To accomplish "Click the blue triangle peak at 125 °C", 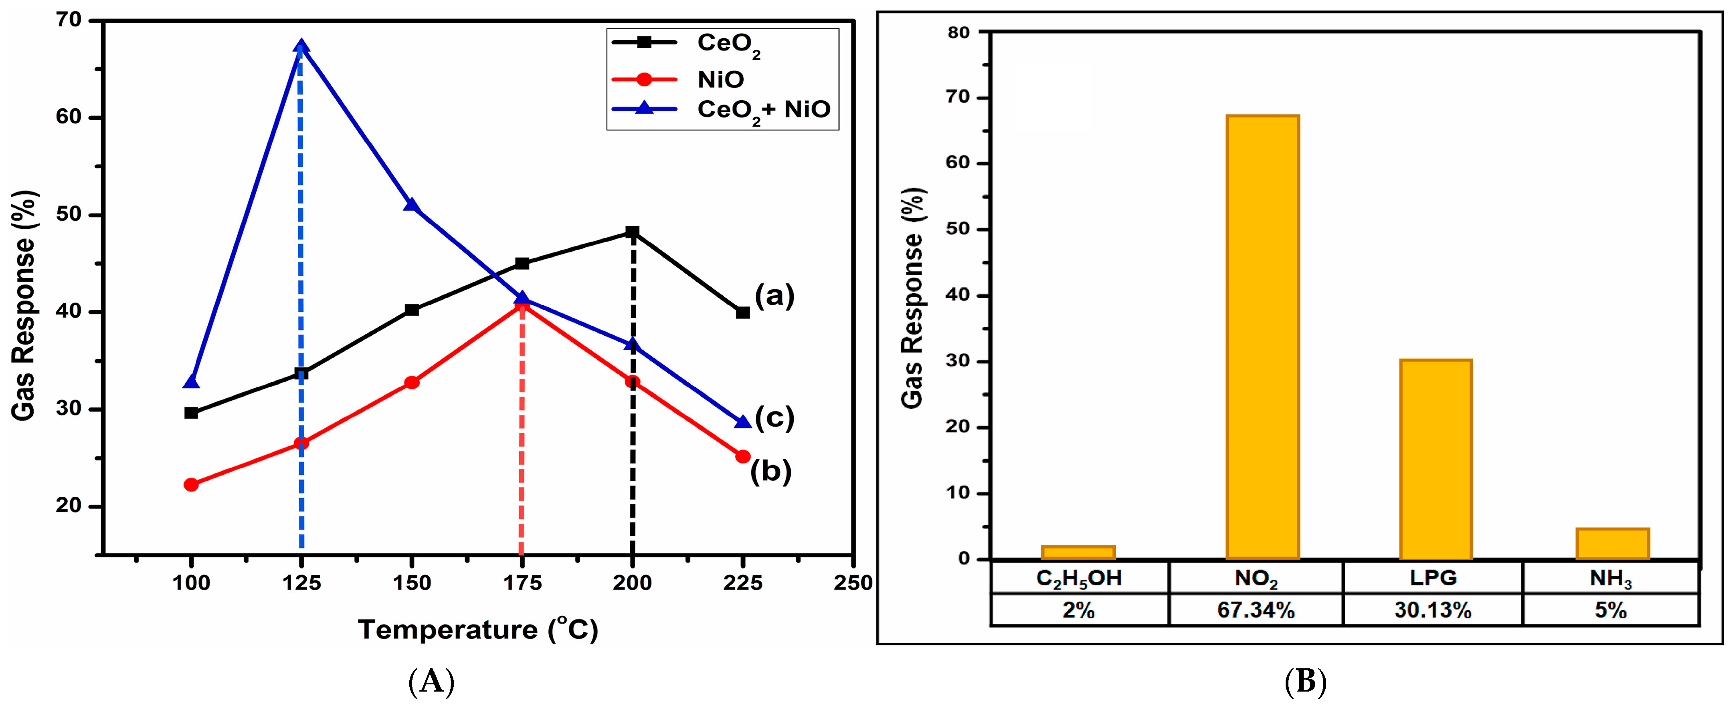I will point(301,47).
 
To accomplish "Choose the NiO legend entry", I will point(720,79).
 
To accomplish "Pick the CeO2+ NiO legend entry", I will point(763,109).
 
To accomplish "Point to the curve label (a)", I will point(774,296).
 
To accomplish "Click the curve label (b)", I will point(771,471).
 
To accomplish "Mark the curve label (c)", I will point(774,418).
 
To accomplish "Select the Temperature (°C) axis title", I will point(478,629).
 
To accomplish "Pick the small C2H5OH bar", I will point(1078,552).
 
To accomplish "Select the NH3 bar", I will point(1612,543).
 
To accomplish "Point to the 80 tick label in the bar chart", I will point(958,32).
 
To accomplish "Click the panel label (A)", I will point(431,682).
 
